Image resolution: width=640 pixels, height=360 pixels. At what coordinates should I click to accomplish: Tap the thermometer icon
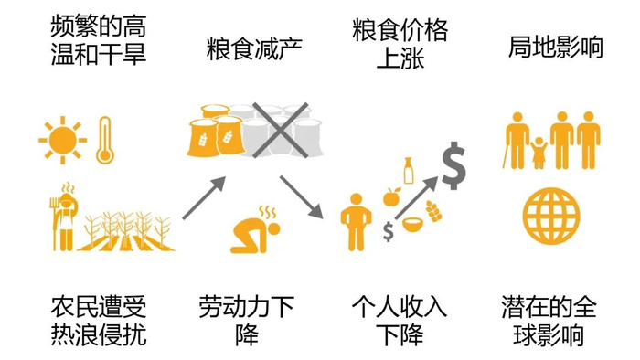104,139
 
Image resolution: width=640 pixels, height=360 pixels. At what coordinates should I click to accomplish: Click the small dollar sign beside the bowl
389,231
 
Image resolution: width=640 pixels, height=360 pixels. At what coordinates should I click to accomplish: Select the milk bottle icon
411,172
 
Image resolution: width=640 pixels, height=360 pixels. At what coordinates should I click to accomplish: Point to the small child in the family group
538,151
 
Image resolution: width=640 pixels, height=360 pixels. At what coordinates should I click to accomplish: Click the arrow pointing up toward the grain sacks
204,197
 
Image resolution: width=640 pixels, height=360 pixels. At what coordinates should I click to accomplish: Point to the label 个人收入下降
400,320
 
